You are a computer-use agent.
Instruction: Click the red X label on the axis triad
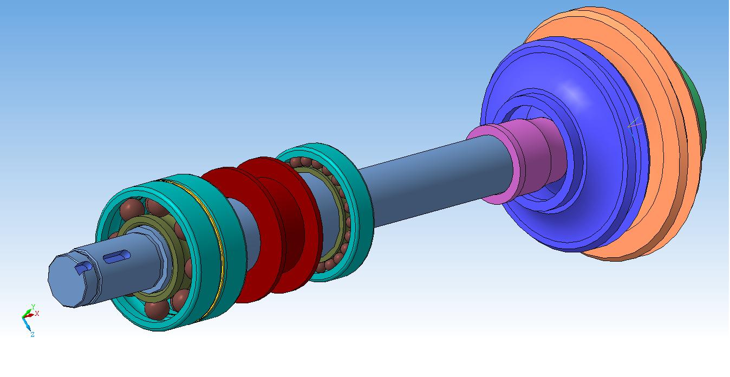[37, 314]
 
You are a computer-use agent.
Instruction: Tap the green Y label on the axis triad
[33, 307]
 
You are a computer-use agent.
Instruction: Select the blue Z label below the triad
[32, 335]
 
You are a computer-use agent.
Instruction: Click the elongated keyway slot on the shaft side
[116, 257]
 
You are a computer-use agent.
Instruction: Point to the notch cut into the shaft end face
[83, 267]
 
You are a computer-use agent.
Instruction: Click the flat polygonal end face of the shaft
[67, 281]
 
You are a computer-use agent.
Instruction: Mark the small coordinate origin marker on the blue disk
[634, 129]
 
